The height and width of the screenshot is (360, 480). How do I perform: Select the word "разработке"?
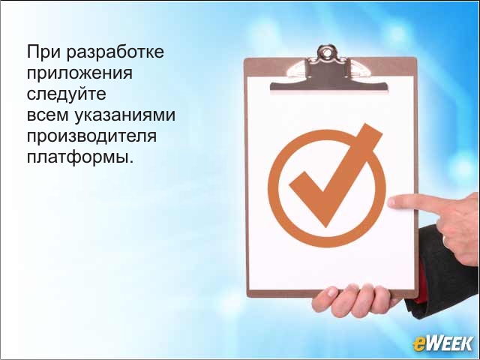115,52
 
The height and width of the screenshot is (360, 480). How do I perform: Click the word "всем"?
48,115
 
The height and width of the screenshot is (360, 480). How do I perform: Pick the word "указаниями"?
125,116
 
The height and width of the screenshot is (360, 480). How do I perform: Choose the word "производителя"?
91,136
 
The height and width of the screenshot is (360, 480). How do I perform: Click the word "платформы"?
78,157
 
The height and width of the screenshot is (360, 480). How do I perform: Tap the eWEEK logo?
443,343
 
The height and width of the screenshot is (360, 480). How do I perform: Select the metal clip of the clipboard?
328,71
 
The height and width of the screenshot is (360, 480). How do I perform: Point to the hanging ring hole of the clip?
327,52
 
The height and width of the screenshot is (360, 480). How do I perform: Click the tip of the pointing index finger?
390,202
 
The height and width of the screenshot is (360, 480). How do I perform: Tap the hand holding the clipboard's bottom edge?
352,301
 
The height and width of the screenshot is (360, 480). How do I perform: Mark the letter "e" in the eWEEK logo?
418,344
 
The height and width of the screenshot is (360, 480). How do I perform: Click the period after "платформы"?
132,161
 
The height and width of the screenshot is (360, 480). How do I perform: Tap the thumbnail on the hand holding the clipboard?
331,292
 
